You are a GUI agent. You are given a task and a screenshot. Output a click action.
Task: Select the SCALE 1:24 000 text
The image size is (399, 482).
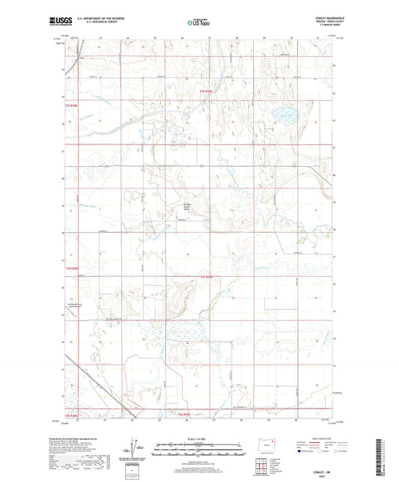pos(198,438)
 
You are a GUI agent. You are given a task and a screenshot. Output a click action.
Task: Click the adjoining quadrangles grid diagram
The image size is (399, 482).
pos(264,463)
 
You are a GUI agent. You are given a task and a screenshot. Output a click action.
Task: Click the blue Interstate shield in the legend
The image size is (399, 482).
pos(302,452)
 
